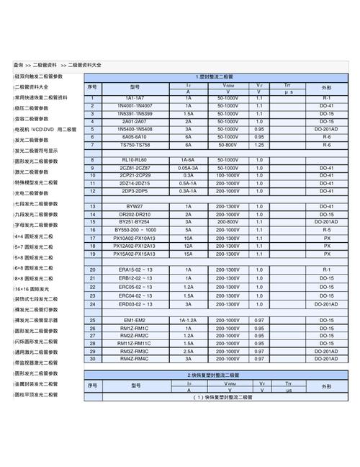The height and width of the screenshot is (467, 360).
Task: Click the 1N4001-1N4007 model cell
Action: coord(135,106)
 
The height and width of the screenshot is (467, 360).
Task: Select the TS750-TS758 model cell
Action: coord(135,144)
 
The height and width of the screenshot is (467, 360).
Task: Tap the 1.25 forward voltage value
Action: coord(259,144)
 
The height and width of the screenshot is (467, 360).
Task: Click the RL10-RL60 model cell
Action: coord(135,159)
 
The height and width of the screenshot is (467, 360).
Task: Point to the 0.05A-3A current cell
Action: coord(189,167)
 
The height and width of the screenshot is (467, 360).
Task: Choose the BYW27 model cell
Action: coord(135,207)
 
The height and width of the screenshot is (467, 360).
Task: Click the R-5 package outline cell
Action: coord(326,230)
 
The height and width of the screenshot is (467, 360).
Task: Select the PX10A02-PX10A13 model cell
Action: coord(135,238)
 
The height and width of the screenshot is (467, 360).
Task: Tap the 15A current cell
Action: coord(189,254)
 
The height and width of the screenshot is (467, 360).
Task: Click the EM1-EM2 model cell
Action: coord(135,320)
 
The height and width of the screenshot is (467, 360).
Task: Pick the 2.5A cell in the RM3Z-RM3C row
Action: coord(189,351)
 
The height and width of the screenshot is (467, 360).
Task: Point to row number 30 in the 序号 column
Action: coord(93,359)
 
